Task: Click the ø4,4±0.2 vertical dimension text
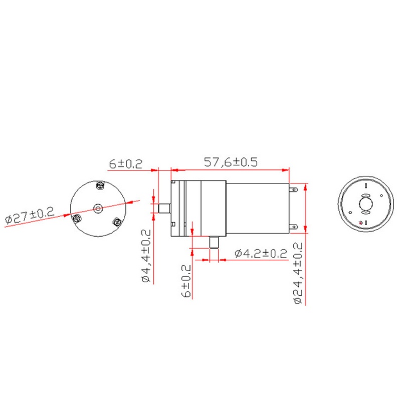pyautogui.click(x=146, y=256)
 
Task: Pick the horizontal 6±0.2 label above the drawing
pyautogui.click(x=126, y=163)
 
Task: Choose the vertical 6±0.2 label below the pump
pyautogui.click(x=187, y=281)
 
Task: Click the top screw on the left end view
pyautogui.click(x=99, y=185)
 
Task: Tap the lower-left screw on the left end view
pyautogui.click(x=77, y=218)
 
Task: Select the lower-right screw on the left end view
pyautogui.click(x=117, y=222)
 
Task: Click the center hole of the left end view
pyautogui.click(x=98, y=208)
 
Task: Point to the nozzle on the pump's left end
pyautogui.click(x=163, y=207)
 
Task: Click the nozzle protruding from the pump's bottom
pyautogui.click(x=215, y=243)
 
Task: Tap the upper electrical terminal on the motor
pyautogui.click(x=296, y=190)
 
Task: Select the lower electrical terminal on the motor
pyautogui.click(x=296, y=226)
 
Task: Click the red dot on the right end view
pyautogui.click(x=360, y=223)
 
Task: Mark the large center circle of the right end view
pyautogui.click(x=365, y=204)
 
